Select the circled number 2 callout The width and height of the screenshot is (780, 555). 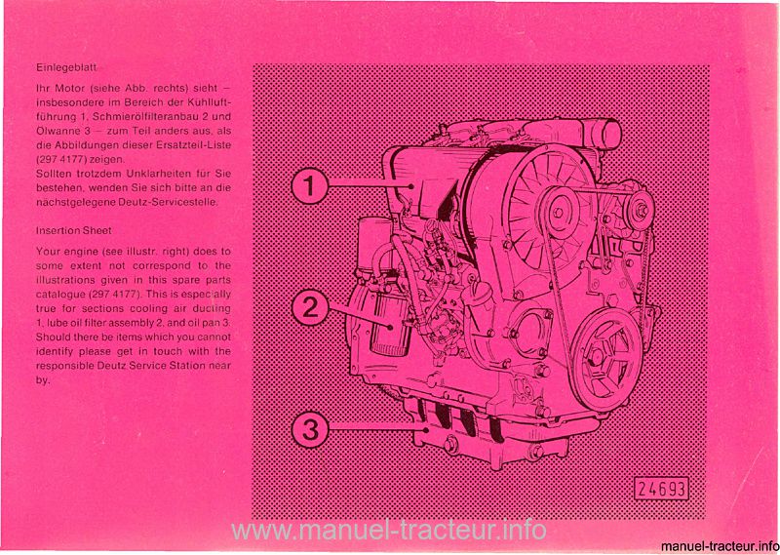310,308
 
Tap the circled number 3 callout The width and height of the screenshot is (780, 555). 310,428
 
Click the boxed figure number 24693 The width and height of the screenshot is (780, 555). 662,489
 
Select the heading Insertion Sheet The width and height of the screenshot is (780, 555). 74,231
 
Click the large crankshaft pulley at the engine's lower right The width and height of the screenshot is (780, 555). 605,358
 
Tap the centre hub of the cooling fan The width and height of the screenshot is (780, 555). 559,213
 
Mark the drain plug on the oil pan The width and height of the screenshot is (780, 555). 451,444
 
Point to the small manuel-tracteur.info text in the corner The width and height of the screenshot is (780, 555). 720,545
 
